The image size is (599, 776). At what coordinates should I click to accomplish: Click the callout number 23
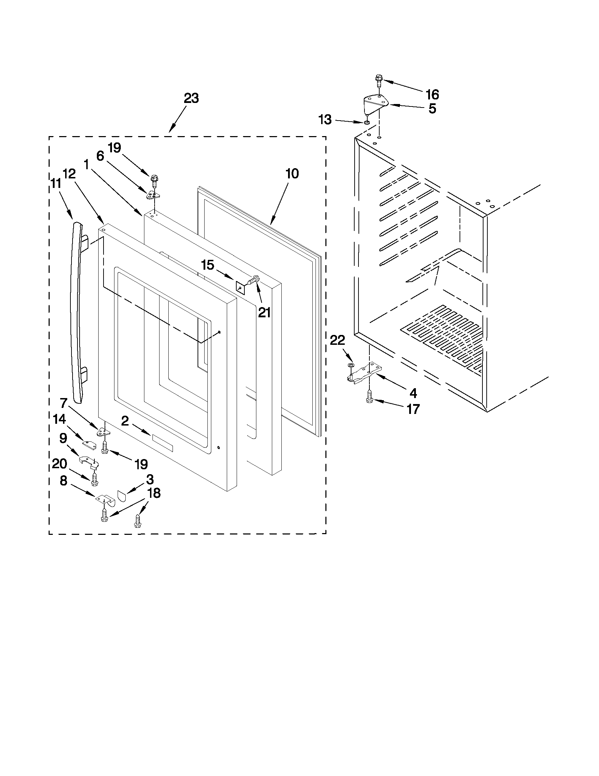click(191, 98)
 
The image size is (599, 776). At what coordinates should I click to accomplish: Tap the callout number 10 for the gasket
click(292, 174)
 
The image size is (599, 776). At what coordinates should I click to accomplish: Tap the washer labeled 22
click(351, 365)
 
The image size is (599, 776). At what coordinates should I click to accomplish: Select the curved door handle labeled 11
click(77, 313)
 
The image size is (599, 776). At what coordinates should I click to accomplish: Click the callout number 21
click(264, 312)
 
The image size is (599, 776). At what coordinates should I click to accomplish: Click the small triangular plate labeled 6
click(153, 195)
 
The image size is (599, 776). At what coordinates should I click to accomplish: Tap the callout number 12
click(69, 173)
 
